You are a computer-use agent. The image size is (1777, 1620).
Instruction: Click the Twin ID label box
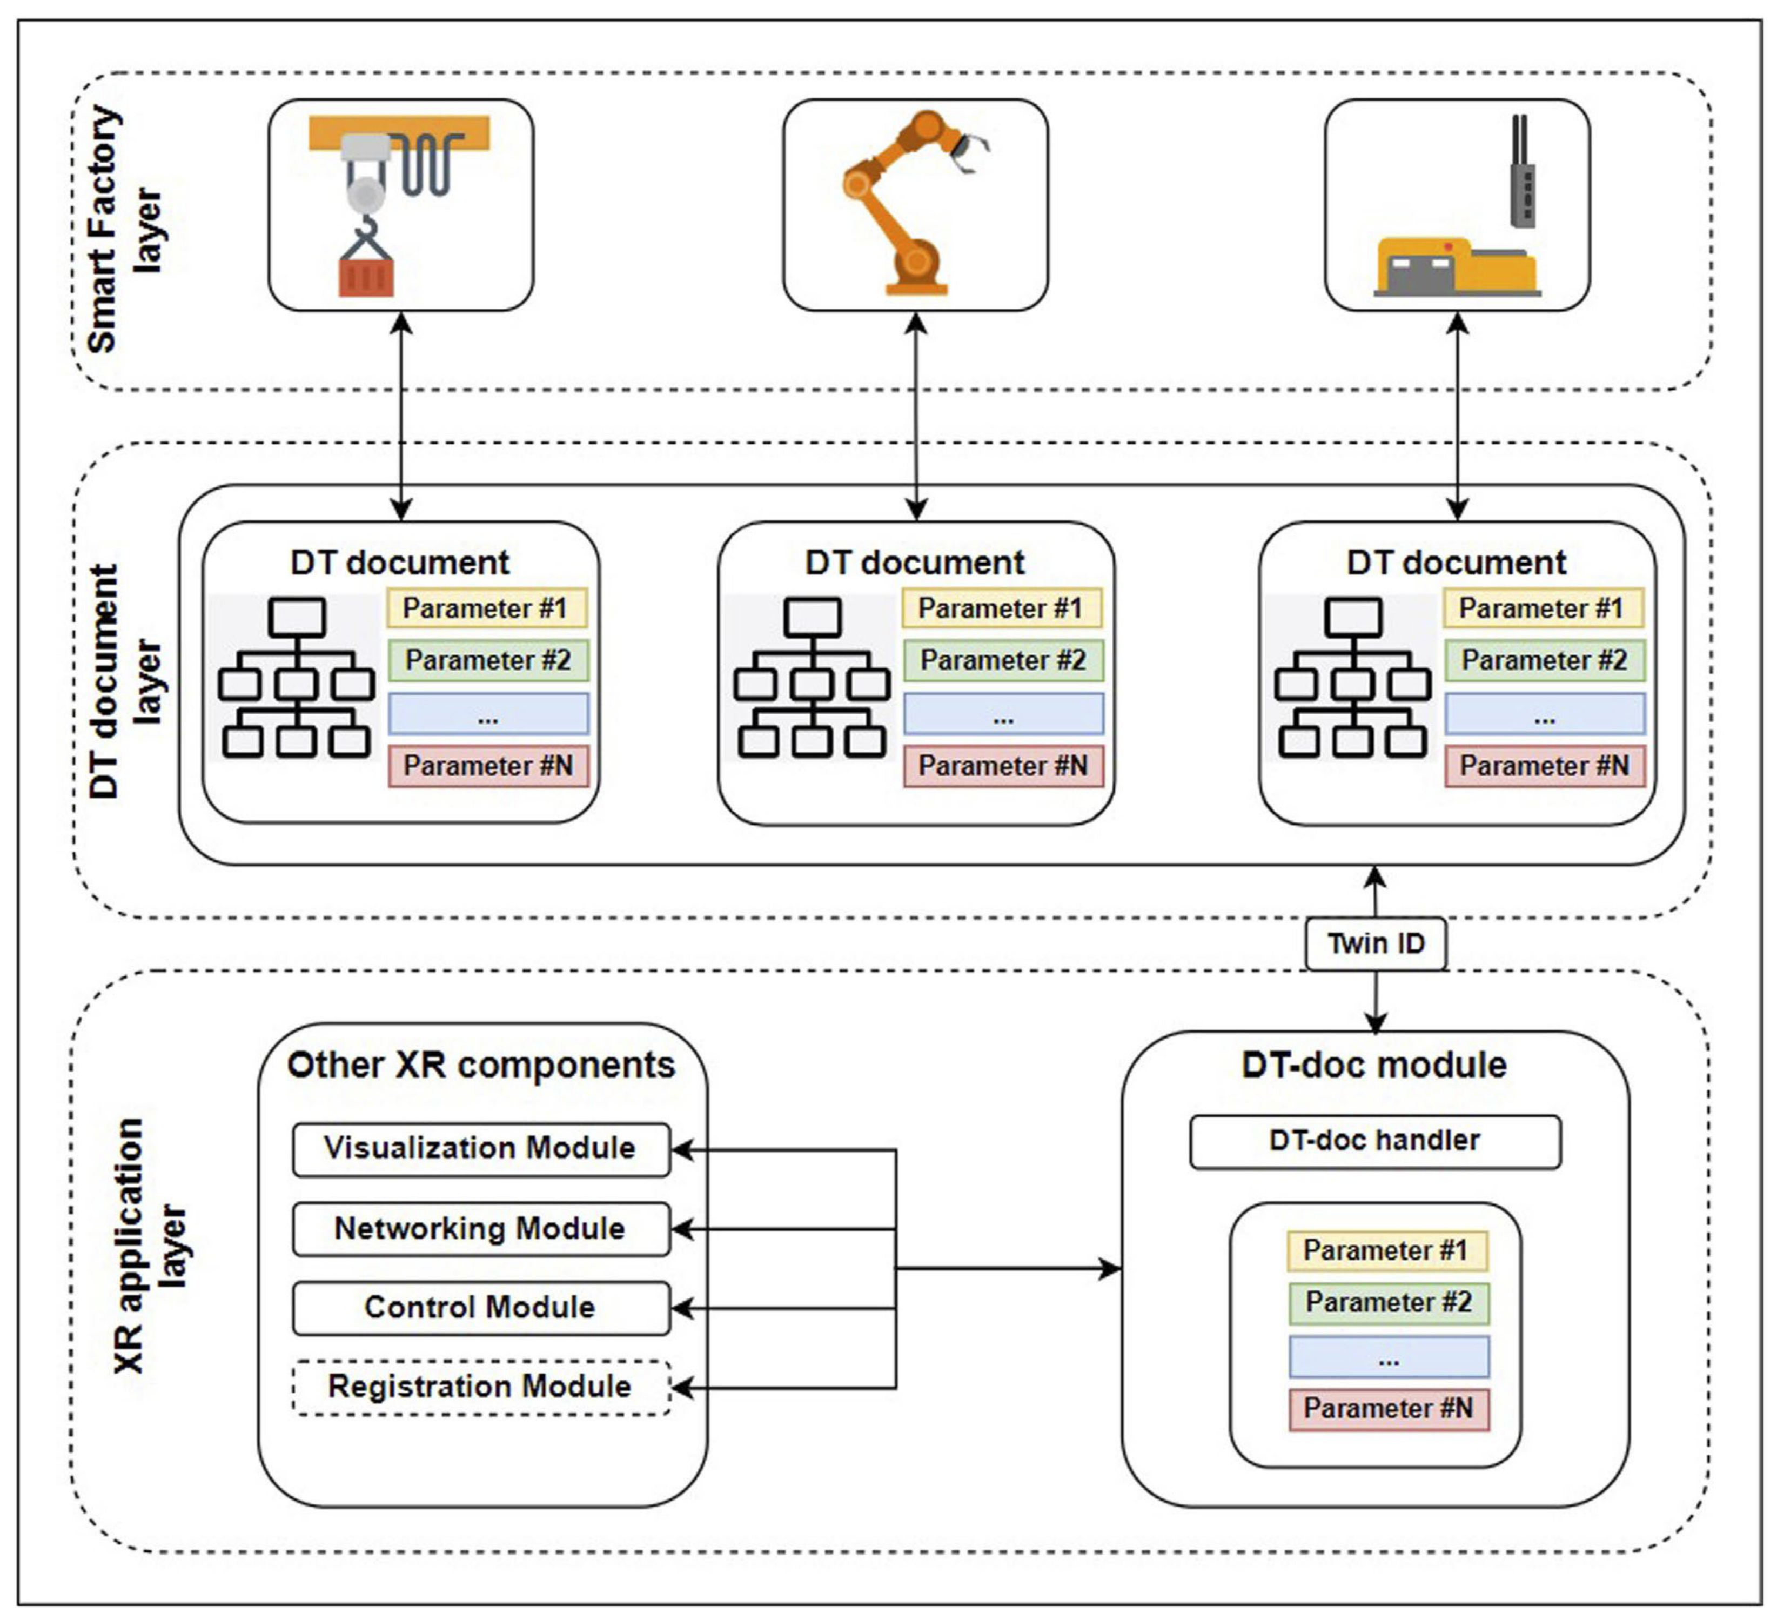click(1375, 944)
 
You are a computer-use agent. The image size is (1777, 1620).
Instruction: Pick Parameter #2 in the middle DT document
click(1003, 661)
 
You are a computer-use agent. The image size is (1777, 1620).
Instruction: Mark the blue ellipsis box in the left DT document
click(488, 714)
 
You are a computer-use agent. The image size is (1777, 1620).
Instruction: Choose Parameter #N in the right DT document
click(1544, 766)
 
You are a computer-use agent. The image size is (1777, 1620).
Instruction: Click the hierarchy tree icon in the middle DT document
click(812, 677)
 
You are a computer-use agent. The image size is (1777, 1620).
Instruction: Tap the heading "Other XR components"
click(481, 1065)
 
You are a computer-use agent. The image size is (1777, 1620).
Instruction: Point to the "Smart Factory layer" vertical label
click(123, 229)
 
